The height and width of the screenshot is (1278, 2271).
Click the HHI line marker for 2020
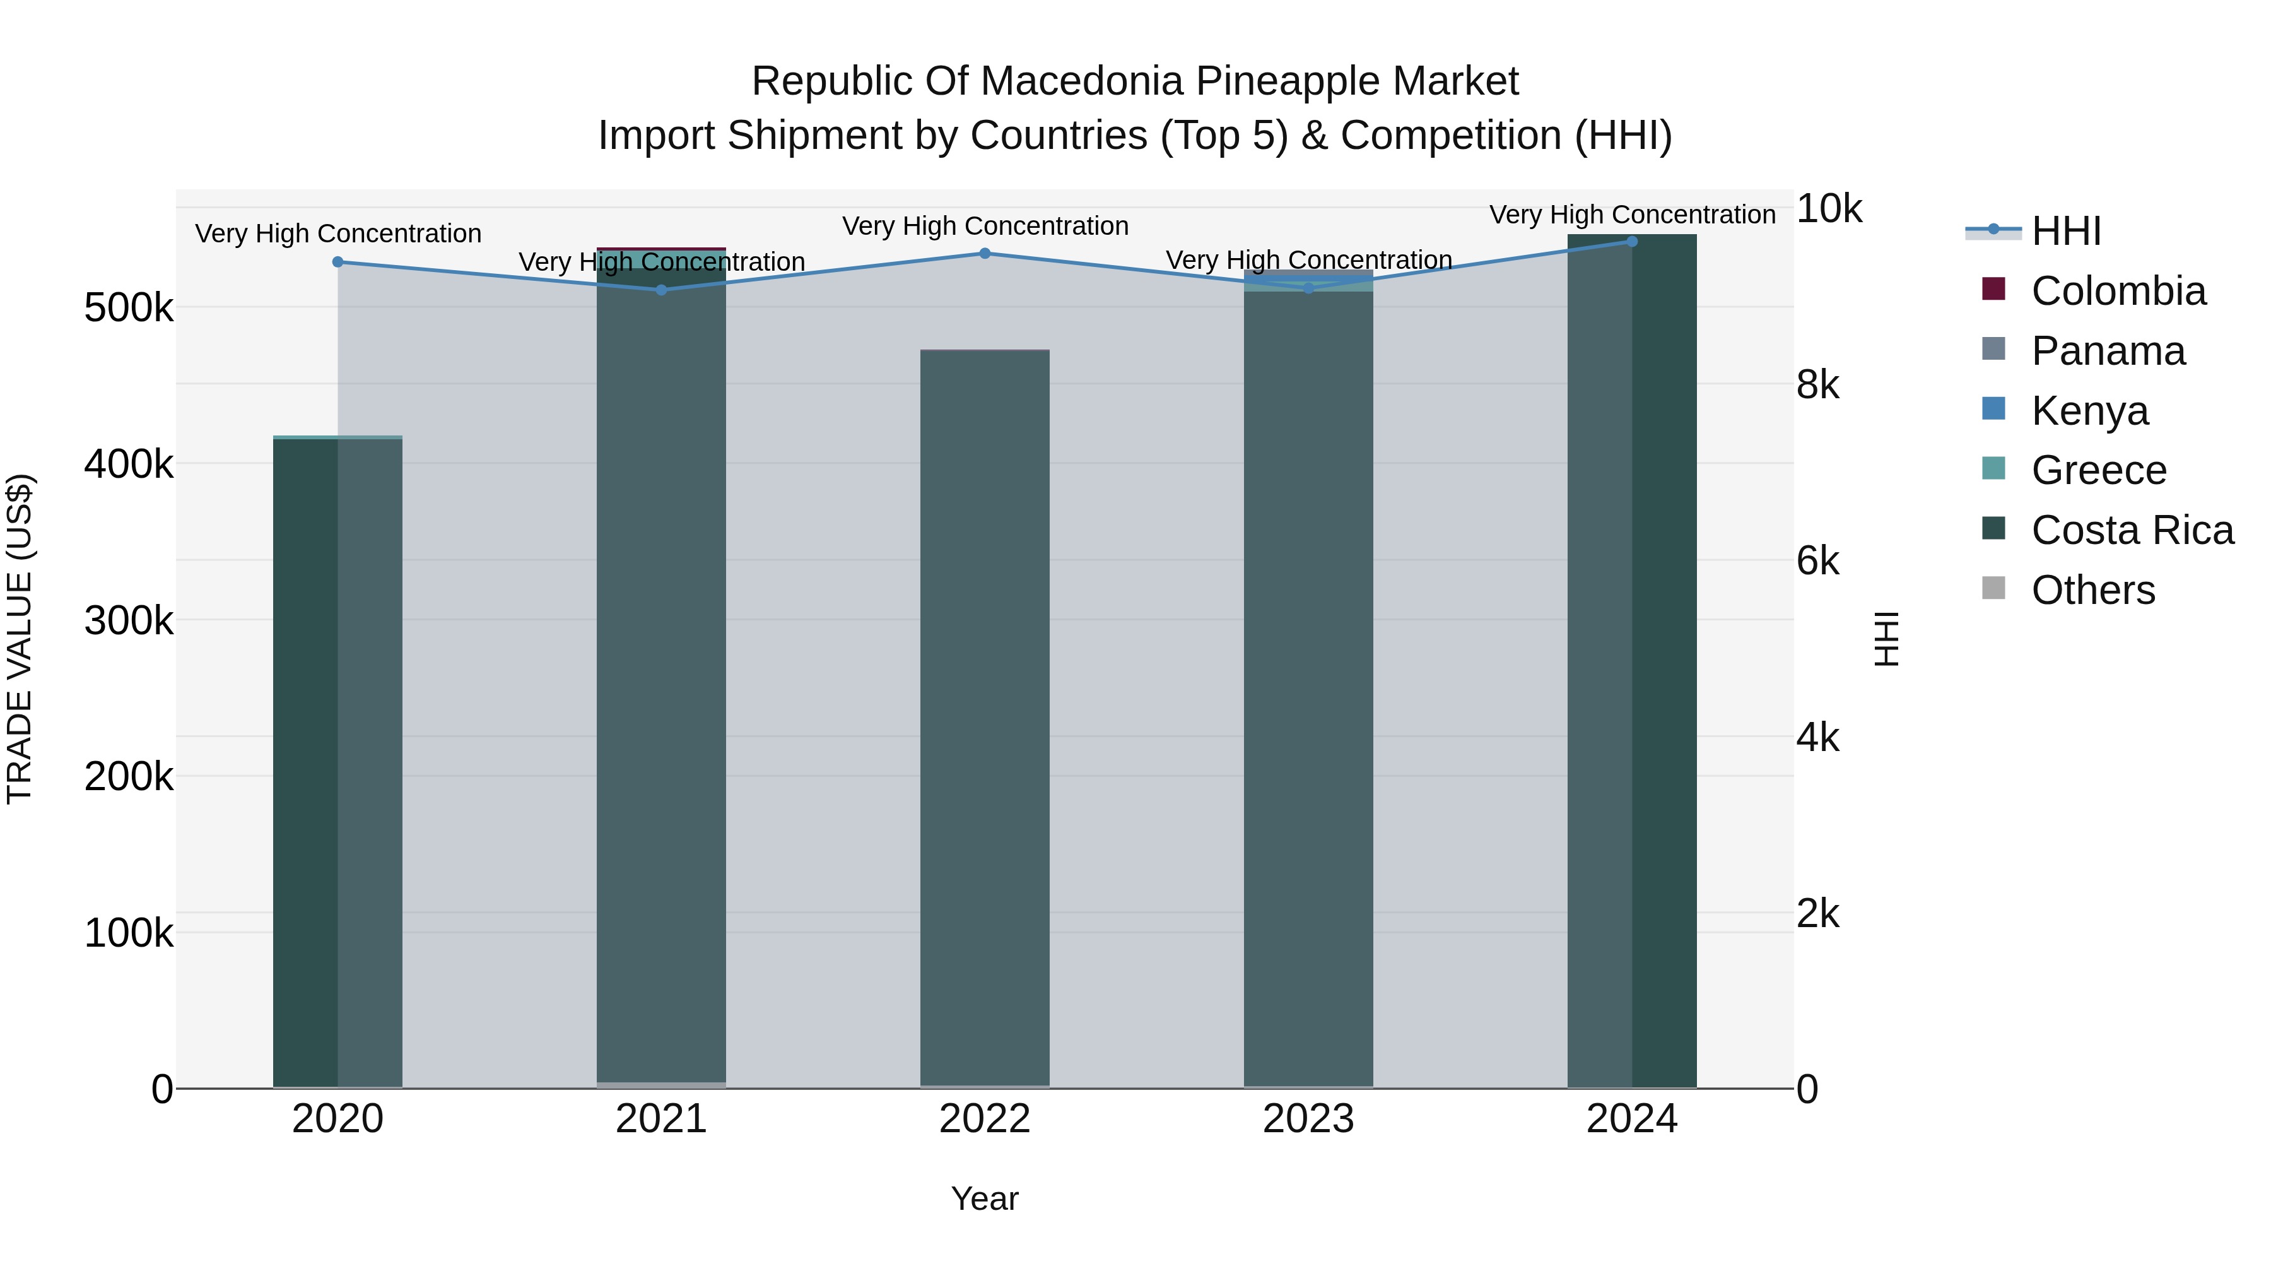coord(337,262)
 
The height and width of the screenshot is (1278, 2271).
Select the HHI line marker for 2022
coord(985,254)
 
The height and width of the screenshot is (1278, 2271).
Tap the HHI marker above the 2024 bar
coord(1632,242)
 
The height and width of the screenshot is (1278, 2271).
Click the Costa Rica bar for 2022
coord(985,706)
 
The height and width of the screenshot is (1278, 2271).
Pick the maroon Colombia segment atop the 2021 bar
coord(661,249)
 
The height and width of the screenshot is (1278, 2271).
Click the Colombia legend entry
coord(2118,291)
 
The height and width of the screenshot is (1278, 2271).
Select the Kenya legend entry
coord(2089,411)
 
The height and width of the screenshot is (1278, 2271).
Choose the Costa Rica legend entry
coord(2132,531)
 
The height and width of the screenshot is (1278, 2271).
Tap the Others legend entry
coord(2093,590)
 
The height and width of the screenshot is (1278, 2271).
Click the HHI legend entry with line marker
coord(2065,231)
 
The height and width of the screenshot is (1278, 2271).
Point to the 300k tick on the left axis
coord(129,621)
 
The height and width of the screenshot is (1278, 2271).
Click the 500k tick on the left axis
coord(129,309)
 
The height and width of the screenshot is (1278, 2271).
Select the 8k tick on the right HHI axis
coord(1818,386)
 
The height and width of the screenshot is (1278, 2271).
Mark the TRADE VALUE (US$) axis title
coord(20,639)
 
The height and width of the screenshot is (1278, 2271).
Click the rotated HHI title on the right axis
coord(1887,639)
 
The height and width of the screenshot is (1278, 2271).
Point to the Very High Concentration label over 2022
coord(985,227)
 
